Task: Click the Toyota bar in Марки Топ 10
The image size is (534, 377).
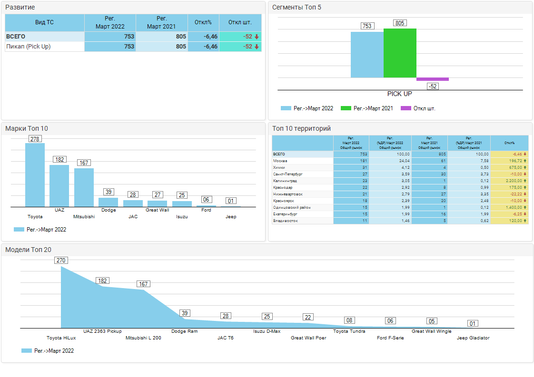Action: click(35, 175)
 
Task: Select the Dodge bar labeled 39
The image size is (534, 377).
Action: click(109, 202)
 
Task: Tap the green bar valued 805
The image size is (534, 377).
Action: click(400, 53)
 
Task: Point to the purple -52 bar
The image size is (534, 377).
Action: click(433, 79)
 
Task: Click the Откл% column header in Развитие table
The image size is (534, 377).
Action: click(203, 22)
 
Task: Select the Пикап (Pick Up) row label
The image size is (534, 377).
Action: click(29, 47)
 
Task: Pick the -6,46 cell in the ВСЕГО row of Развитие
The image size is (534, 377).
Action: click(203, 37)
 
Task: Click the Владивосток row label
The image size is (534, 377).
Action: click(285, 221)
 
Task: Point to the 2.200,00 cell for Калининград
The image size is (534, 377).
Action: click(509, 181)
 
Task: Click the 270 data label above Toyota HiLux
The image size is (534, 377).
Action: click(61, 261)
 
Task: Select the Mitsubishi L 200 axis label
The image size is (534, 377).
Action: click(143, 338)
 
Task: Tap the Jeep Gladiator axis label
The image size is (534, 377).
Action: click(473, 338)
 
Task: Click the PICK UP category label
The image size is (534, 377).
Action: click(400, 94)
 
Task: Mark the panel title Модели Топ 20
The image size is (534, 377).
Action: click(28, 250)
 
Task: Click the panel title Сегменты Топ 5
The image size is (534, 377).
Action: click(297, 7)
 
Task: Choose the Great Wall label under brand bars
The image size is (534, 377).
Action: click(157, 210)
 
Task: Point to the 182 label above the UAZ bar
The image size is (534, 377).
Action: click(59, 160)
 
